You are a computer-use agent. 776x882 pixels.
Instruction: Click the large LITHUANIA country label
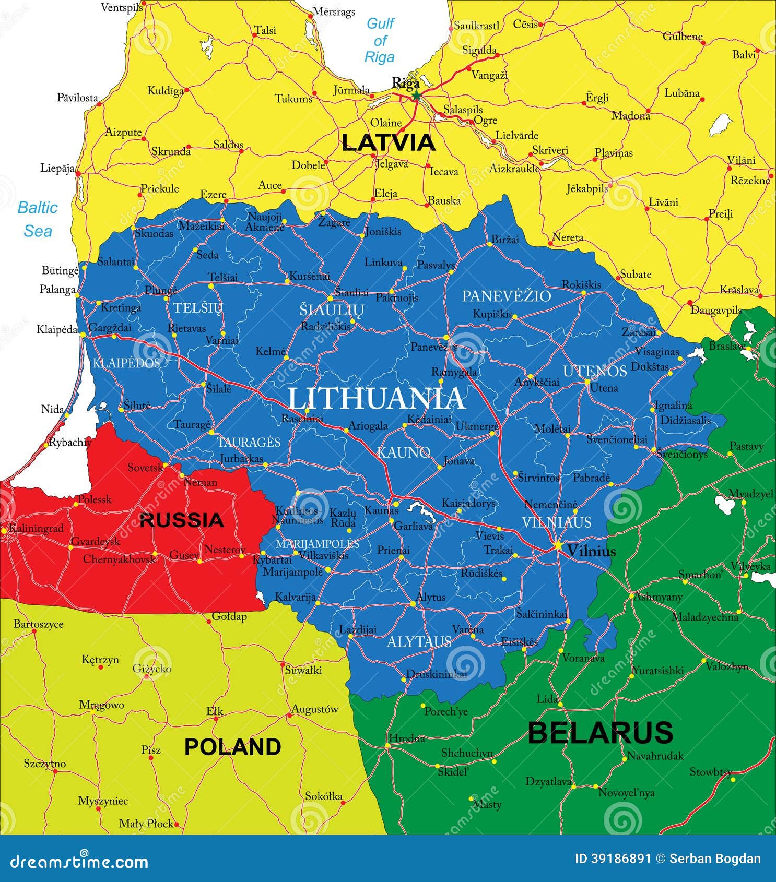click(x=377, y=399)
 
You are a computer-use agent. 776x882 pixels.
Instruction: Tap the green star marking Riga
click(x=416, y=96)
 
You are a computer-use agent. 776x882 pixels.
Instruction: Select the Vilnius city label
click(x=591, y=551)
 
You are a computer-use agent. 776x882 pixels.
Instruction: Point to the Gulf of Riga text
click(x=380, y=40)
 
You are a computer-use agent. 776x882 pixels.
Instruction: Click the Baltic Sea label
click(x=37, y=219)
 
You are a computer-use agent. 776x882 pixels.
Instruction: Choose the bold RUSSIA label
click(x=182, y=520)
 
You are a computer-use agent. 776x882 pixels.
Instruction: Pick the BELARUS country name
click(x=600, y=732)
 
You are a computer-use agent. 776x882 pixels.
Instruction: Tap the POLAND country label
click(x=232, y=747)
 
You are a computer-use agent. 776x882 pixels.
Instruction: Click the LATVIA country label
click(x=388, y=142)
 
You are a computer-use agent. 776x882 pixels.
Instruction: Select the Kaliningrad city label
click(x=36, y=528)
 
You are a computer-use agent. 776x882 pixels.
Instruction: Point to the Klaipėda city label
click(x=57, y=329)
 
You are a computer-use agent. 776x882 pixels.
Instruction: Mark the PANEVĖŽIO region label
click(x=506, y=296)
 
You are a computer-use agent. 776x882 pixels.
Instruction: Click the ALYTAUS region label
click(x=419, y=641)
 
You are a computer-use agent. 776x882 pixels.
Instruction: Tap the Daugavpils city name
click(x=716, y=310)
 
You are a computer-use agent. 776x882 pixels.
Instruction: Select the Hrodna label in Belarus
click(x=406, y=738)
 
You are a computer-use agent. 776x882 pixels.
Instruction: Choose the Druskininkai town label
click(x=437, y=674)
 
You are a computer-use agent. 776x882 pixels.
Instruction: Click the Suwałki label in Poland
click(x=303, y=670)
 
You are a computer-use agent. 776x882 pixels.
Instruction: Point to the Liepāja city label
click(x=57, y=168)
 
